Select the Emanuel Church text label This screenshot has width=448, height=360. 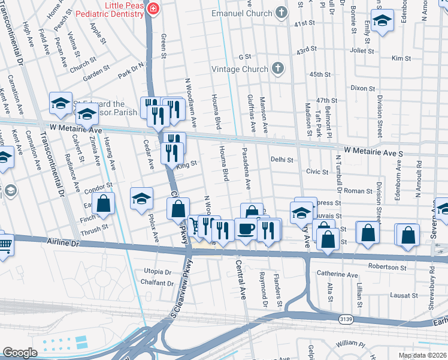point(242,13)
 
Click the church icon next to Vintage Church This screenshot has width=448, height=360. point(277,68)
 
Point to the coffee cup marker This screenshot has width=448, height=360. point(246,229)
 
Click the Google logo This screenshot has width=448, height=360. point(20,353)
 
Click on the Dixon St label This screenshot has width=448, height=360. point(362,88)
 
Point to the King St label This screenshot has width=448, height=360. point(187,163)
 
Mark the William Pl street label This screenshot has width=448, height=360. point(350,344)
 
